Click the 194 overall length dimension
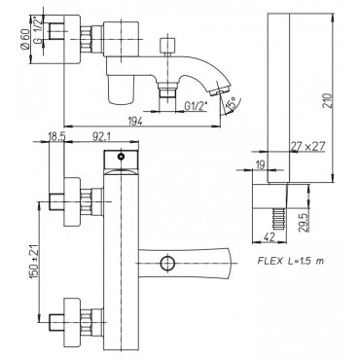click(137, 121)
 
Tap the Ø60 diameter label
click(25, 39)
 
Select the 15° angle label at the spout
click(231, 104)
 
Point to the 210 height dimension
click(328, 101)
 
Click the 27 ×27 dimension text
click(307, 147)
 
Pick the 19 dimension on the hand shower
click(260, 164)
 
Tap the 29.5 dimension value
click(302, 222)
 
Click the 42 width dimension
click(268, 237)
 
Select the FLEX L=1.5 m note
click(291, 261)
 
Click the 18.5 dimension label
click(56, 137)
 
